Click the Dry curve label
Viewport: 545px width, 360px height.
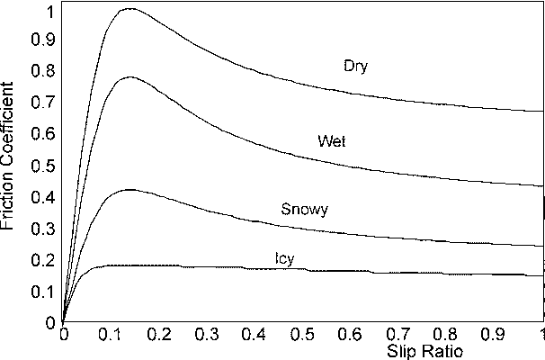(x=356, y=66)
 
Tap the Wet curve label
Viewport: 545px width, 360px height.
(x=332, y=142)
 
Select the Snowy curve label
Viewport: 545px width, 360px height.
(x=305, y=210)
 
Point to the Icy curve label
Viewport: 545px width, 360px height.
(x=285, y=259)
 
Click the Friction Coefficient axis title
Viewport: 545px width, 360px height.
(x=10, y=163)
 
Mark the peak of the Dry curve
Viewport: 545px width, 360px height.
(x=130, y=9)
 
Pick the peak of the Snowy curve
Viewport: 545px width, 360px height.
(x=130, y=190)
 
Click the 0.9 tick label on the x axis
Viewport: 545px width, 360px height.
(x=494, y=332)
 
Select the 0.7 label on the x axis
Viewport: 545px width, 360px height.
(x=398, y=332)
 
